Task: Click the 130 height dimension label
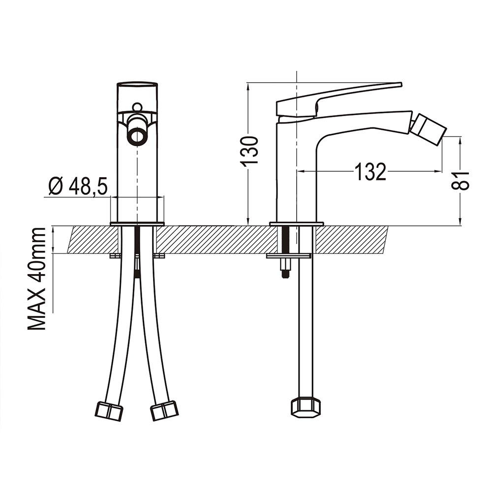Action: (x=249, y=150)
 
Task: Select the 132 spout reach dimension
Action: (x=370, y=172)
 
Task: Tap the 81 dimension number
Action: (x=460, y=181)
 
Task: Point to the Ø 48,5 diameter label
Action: (x=78, y=186)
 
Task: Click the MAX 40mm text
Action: (x=37, y=279)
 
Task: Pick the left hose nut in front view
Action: (x=109, y=411)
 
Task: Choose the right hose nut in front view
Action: (x=164, y=411)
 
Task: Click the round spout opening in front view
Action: (x=137, y=136)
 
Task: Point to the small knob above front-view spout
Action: (x=137, y=107)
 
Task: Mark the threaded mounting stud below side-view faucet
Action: (x=285, y=251)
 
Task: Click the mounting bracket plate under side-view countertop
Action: (x=288, y=256)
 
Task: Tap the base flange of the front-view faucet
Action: (x=137, y=224)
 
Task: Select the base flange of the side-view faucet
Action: (x=297, y=224)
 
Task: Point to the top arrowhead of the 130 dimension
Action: (x=248, y=87)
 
